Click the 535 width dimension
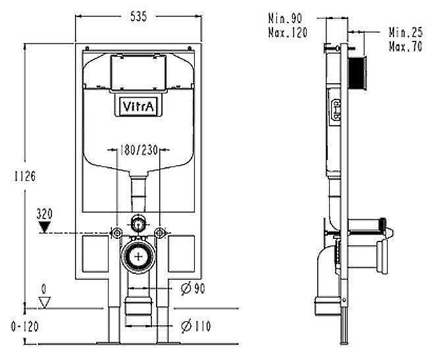[138, 16]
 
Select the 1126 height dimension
[25, 176]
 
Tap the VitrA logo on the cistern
[138, 107]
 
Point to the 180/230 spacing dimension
[139, 150]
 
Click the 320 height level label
[45, 214]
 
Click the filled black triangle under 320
[45, 227]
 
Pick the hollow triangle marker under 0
[44, 302]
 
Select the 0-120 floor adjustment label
[25, 326]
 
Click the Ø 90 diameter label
[193, 289]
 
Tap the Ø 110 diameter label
[196, 326]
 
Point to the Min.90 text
[285, 19]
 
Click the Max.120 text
[288, 33]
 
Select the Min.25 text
[405, 32]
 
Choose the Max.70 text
[405, 46]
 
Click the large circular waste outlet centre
[138, 257]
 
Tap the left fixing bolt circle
[116, 234]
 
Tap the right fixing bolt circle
[160, 233]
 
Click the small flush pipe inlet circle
[138, 224]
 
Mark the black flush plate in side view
[357, 72]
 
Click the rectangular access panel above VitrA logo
[138, 72]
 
